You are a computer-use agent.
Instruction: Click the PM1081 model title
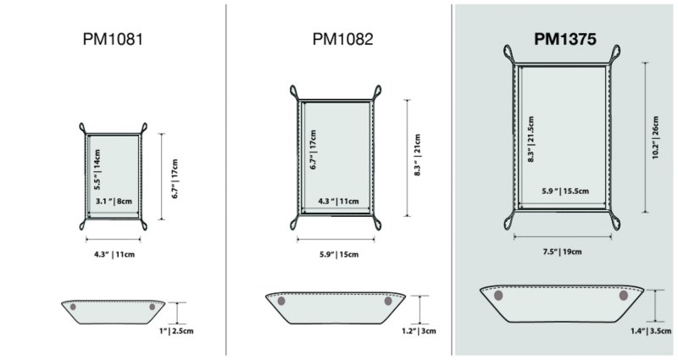pos(113,39)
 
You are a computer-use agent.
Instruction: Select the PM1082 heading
pos(342,39)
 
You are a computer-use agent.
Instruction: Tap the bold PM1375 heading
pos(565,39)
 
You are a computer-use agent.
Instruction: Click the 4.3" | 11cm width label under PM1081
pos(114,255)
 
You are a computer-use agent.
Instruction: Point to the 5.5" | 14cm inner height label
pos(97,170)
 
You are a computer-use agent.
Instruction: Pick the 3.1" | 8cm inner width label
pos(114,201)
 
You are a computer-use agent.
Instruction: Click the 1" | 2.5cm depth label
pos(176,331)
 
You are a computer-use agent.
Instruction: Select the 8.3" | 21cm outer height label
pos(417,155)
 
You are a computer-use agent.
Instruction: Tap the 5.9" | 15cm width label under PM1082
pos(339,255)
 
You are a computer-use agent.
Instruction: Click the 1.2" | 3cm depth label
pos(419,331)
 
